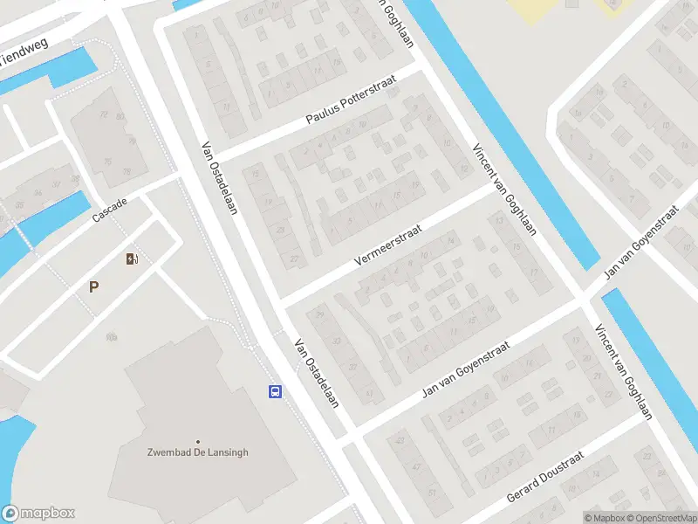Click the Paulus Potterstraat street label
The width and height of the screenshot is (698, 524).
(351, 98)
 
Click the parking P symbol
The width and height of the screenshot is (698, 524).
(93, 286)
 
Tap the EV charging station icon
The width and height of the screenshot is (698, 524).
(133, 258)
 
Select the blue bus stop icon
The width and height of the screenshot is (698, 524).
(275, 391)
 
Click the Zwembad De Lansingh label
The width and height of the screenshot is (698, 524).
(198, 452)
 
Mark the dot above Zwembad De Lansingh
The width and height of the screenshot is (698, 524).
(198, 441)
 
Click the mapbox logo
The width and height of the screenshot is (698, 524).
(38, 514)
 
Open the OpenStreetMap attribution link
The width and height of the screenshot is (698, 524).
(661, 518)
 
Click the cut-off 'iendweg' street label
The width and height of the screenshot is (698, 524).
(24, 55)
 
